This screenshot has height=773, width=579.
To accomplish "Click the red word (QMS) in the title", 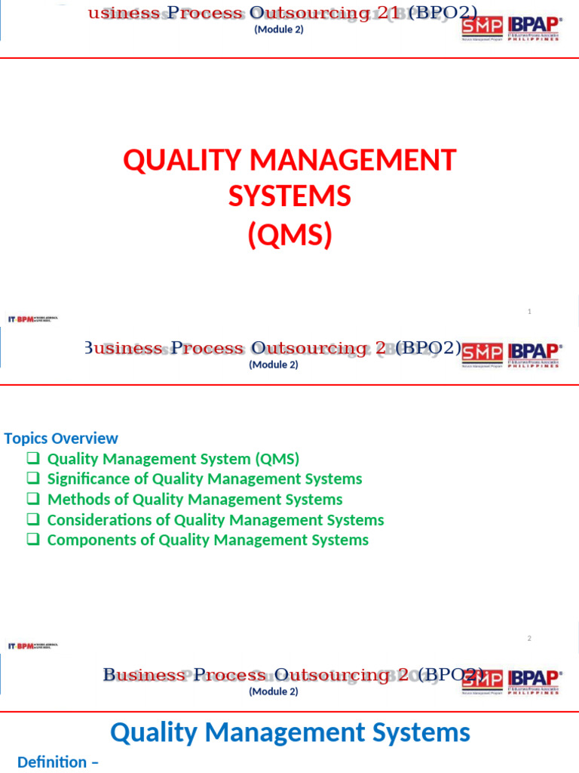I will point(289,236).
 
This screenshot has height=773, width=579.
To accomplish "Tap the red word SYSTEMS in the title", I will point(289,197).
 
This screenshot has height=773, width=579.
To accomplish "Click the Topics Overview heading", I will point(61,438).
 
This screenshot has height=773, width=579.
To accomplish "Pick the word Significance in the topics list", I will point(97,479).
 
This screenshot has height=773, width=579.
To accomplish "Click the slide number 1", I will point(529,311).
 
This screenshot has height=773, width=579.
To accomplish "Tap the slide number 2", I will point(529,639).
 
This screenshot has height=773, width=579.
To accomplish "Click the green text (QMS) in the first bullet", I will point(277,458).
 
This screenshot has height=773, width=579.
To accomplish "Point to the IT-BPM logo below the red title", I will point(32,319).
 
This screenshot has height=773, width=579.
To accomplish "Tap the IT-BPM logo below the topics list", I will point(32,645).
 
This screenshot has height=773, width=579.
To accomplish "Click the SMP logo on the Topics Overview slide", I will point(481,354).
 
